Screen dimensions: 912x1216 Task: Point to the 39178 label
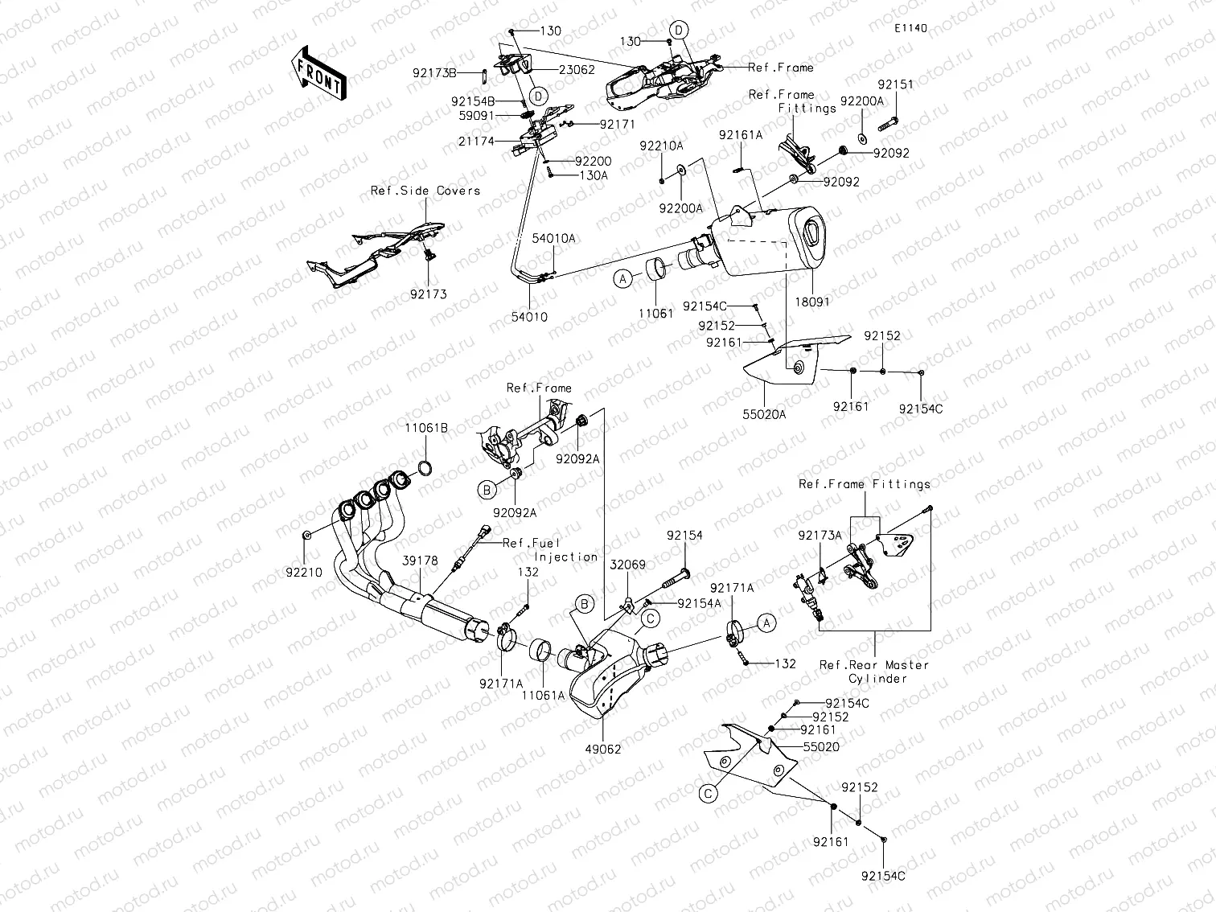(x=421, y=561)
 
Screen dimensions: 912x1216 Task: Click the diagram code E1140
(x=910, y=28)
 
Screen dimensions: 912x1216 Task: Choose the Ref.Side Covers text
(x=425, y=191)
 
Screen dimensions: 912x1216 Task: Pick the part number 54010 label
(x=529, y=317)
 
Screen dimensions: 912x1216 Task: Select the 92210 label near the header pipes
(x=304, y=573)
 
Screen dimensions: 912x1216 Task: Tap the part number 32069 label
(x=627, y=565)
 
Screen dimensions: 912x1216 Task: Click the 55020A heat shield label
(x=763, y=416)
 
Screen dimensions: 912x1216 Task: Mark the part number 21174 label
(x=499, y=142)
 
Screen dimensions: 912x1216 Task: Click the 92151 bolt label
(x=895, y=84)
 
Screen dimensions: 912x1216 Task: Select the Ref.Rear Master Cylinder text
(x=873, y=672)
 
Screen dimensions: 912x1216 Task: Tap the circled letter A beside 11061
(x=623, y=279)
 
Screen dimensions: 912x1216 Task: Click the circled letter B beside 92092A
(x=486, y=489)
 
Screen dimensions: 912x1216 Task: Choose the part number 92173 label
(x=429, y=294)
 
